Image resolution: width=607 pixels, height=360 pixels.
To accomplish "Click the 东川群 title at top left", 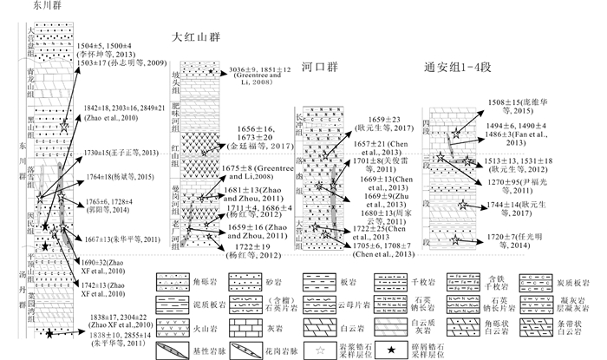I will click(22, 5).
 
